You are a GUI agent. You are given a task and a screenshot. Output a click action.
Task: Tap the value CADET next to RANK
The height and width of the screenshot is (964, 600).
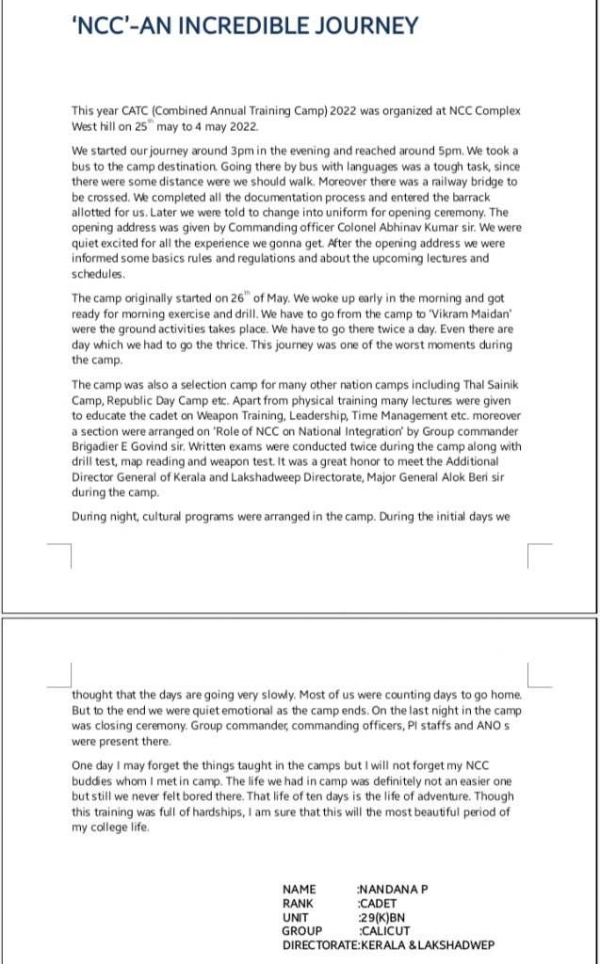tap(379, 903)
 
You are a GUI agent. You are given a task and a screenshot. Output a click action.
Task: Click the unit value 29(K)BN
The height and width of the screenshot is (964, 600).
tap(382, 917)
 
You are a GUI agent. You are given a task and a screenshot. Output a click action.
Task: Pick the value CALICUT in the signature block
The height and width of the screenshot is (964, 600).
tap(384, 931)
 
